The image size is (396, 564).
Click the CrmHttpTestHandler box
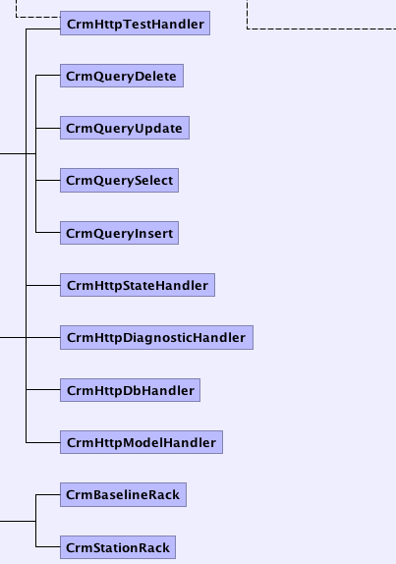coord(135,23)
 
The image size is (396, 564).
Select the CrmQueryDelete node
coord(122,76)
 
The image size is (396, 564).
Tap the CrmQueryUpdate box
coord(125,128)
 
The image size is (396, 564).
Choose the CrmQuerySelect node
coord(119,180)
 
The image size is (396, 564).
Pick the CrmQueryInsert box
coord(119,233)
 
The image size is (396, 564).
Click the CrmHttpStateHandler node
coord(138,285)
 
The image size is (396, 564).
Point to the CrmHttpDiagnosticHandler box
coord(156,337)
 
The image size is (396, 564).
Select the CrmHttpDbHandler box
coord(130,390)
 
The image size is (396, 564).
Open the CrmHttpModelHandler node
coord(141,442)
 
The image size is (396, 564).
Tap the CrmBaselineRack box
coord(123,494)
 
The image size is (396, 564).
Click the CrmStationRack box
coord(118,547)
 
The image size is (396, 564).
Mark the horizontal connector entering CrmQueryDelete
coord(48,76)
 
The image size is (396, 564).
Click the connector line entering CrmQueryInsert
coord(48,232)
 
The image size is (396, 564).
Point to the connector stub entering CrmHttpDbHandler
coord(43,389)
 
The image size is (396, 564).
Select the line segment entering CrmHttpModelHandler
coord(43,442)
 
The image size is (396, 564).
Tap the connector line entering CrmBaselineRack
coord(48,494)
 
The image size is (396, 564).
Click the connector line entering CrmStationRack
coord(48,547)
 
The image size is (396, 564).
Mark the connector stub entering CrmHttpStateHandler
coord(43,285)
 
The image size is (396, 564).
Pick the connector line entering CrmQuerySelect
coord(48,180)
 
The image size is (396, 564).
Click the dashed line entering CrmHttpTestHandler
coord(38,17)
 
